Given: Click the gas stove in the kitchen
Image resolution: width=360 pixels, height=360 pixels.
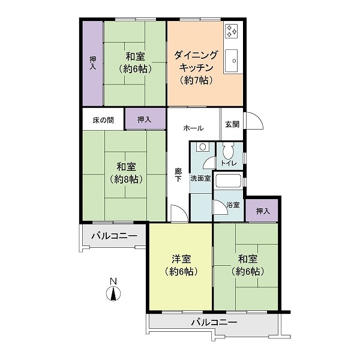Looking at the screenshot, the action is pyautogui.click(x=232, y=31).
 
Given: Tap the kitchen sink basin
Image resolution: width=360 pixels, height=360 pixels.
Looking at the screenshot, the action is pyautogui.click(x=231, y=61).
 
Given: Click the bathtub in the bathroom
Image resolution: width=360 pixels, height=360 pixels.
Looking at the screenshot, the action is pyautogui.click(x=228, y=181).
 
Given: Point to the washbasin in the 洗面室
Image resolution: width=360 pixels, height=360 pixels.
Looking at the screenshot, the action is pyautogui.click(x=203, y=147).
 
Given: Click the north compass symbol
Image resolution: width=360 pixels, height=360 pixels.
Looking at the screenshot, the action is pyautogui.click(x=113, y=290).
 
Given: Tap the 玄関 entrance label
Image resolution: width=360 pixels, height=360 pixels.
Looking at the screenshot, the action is pyautogui.click(x=232, y=124).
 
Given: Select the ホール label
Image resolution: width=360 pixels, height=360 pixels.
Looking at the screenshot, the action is pyautogui.click(x=193, y=128).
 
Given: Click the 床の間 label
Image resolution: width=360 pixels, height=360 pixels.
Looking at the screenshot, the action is pyautogui.click(x=103, y=120).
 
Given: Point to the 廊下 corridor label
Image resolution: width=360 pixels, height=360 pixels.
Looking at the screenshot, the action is pyautogui.click(x=178, y=175).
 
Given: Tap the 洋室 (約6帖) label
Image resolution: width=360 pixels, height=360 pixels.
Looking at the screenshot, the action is pyautogui.click(x=181, y=265).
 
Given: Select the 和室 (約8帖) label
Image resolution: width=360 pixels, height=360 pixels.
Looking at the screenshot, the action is pyautogui.click(x=126, y=173).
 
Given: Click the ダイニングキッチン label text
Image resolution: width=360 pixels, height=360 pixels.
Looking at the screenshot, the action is pyautogui.click(x=196, y=62).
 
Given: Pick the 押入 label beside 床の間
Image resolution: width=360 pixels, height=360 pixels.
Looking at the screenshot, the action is pyautogui.click(x=144, y=119).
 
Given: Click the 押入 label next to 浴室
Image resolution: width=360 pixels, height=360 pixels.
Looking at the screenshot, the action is pyautogui.click(x=263, y=211).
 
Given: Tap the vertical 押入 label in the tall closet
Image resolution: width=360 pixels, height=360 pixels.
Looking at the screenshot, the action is pyautogui.click(x=93, y=63).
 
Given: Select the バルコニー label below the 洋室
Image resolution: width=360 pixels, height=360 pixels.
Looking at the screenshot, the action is pyautogui.click(x=214, y=322).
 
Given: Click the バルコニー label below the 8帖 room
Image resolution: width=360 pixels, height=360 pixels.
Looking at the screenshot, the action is pyautogui.click(x=115, y=236).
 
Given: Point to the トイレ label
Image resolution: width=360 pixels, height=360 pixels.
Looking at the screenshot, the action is pyautogui.click(x=229, y=163).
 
